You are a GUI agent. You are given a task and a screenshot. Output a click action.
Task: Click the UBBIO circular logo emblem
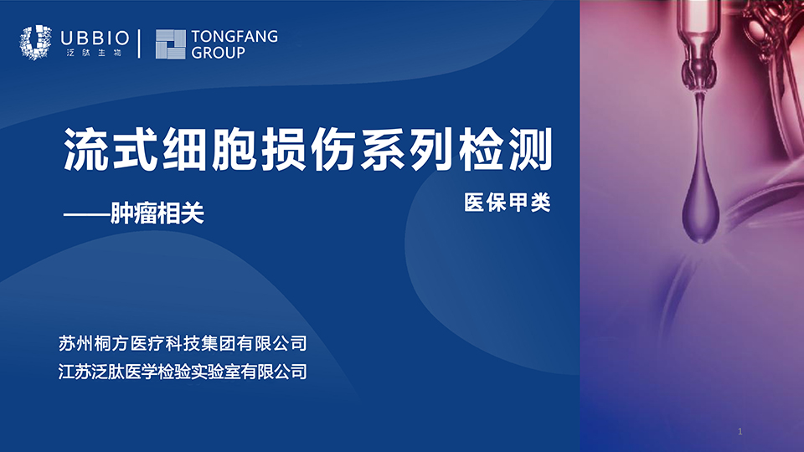coord(35,42)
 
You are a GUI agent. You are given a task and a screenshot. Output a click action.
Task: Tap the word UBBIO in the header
coord(95,38)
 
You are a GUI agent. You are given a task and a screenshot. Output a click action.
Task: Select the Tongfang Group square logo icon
coord(170,44)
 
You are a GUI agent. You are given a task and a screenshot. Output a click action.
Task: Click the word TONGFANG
coord(234,36)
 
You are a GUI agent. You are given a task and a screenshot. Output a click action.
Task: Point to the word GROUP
coord(218,52)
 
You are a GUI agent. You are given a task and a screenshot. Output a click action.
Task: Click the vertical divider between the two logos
coord(140,44)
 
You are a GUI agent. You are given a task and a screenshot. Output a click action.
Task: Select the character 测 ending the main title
coord(530,149)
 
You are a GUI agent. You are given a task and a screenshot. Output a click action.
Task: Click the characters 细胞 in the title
coord(209,149)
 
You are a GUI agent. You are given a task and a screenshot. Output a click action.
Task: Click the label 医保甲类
coord(508,203)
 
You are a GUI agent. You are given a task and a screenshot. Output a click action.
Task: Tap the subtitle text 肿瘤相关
coord(157,213)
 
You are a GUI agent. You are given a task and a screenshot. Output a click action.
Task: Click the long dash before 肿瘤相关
coord(86,214)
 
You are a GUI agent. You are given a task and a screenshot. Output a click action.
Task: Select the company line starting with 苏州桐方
coord(183,343)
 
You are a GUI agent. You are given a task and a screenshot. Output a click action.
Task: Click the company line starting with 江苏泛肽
coord(183,372)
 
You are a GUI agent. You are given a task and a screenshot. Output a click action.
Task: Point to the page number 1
coord(740,432)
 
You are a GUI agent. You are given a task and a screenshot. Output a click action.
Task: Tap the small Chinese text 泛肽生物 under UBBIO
coord(95,53)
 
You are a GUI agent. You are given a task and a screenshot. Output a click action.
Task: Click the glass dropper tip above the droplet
coord(699,77)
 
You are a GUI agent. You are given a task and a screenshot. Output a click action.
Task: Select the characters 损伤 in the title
coord(308,149)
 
